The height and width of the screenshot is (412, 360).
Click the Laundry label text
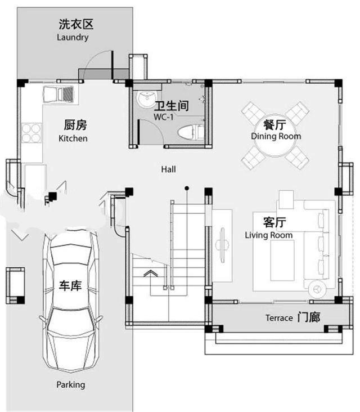pyautogui.click(x=73, y=38)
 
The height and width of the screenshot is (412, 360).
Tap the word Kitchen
pyautogui.click(x=73, y=138)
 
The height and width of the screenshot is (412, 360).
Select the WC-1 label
pyautogui.click(x=164, y=117)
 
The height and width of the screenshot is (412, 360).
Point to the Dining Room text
pyautogui.click(x=276, y=136)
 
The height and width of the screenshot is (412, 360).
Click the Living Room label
pyautogui.click(x=269, y=235)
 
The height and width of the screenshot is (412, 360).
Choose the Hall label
pyautogui.click(x=169, y=169)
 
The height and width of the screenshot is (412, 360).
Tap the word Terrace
pyautogui.click(x=279, y=318)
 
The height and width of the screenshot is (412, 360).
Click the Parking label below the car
pyautogui.click(x=71, y=385)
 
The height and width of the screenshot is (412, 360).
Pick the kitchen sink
pyautogui.click(x=58, y=94)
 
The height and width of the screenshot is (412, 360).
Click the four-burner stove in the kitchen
pyautogui.click(x=31, y=133)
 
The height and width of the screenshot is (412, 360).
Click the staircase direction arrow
pyautogui.click(x=150, y=274)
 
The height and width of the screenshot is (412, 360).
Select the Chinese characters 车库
pyautogui.click(x=71, y=286)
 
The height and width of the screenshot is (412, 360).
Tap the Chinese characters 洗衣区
pyautogui.click(x=76, y=25)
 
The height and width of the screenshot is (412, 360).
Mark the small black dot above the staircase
pyautogui.click(x=187, y=188)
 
